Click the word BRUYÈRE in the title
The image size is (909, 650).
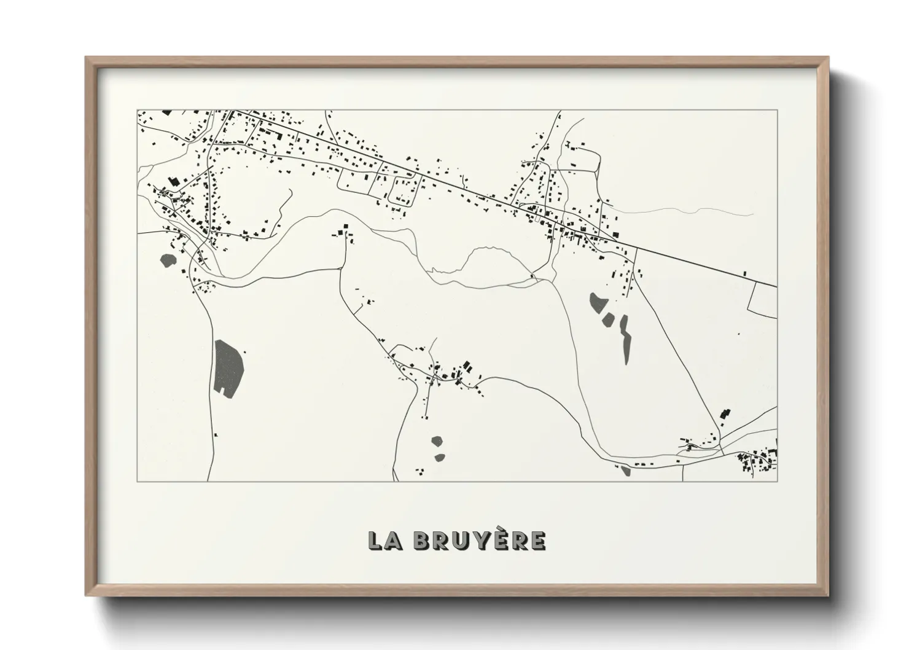479,541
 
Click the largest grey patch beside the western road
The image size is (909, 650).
228,367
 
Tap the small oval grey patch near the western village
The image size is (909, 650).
166,260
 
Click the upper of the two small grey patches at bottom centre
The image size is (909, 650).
437,441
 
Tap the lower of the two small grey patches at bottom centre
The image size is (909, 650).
439,457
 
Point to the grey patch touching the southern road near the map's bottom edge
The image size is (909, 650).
625,471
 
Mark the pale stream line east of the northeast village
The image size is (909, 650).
688,211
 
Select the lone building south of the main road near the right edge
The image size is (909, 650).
745,272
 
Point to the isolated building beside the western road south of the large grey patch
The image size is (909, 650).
216,435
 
